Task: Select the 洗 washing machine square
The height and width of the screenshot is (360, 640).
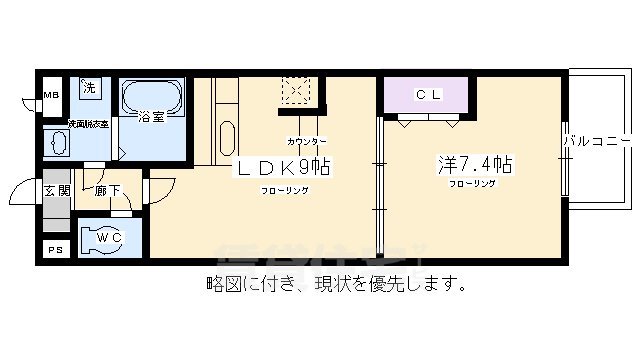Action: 88,87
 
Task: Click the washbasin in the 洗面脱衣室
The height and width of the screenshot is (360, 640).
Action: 58,144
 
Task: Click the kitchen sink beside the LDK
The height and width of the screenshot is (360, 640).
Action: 226,139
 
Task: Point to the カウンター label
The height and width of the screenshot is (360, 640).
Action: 306,142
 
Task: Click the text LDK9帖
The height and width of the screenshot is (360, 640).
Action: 283,167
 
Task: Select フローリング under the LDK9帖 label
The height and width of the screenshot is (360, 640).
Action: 284,190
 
